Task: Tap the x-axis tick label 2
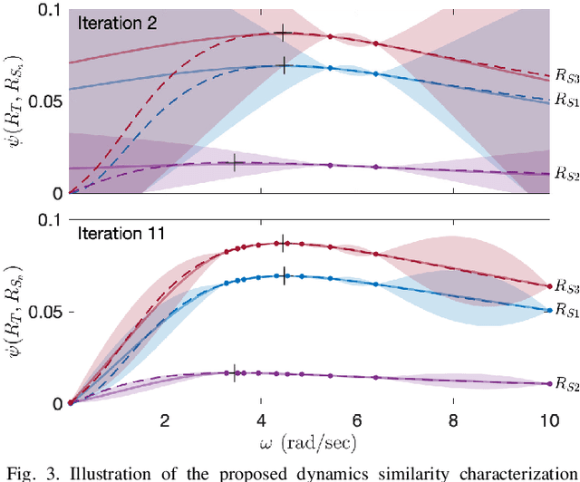pyautogui.click(x=164, y=421)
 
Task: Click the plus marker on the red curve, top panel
pyautogui.click(x=284, y=34)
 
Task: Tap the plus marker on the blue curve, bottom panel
pyautogui.click(x=284, y=276)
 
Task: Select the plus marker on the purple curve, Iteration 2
pyautogui.click(x=235, y=163)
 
